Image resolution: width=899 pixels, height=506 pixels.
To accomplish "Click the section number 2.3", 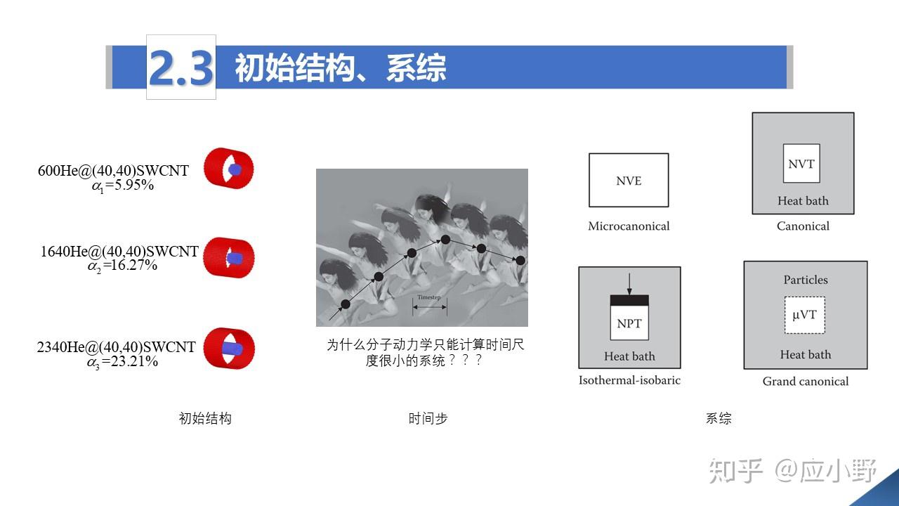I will coord(181,67).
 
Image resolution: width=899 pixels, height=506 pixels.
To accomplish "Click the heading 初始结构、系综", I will coord(340,68).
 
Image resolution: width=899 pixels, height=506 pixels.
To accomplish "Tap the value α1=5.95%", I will coord(123,186).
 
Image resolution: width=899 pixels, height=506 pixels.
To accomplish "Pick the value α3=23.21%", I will coord(122,362).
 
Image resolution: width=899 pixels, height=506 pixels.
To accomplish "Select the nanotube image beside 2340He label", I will coord(229,348).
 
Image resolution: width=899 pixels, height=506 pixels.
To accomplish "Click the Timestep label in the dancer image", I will coord(429,297).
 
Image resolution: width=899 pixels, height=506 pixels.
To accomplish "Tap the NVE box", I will coord(629,181).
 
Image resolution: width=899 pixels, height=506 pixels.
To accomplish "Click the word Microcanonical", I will coord(629,226).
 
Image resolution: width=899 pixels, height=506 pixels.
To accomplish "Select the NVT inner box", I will coord(801,164).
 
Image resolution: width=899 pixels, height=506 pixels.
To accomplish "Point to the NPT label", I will coord(629,324).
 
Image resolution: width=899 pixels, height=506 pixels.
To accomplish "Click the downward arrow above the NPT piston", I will coord(629,283).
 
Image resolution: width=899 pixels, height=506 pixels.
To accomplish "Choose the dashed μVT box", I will coord(804,315).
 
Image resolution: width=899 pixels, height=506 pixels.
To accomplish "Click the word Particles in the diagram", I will coord(806,280).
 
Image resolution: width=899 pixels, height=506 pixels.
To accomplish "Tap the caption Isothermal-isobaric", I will coord(629,380).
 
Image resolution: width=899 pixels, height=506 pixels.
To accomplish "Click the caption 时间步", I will coord(428,419).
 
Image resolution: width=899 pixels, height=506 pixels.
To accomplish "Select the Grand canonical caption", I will coord(806,382).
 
